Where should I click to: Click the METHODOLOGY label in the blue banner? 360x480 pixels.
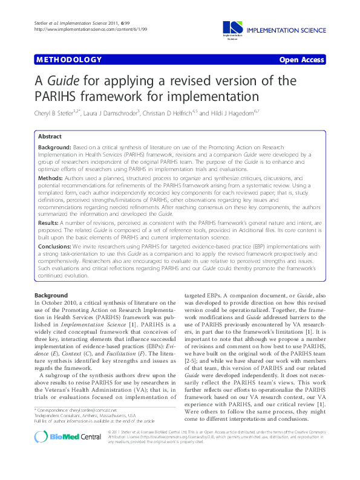[x=68, y=60]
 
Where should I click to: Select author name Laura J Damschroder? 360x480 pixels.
[x=122, y=112]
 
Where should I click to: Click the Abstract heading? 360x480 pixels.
[x=50, y=137]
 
